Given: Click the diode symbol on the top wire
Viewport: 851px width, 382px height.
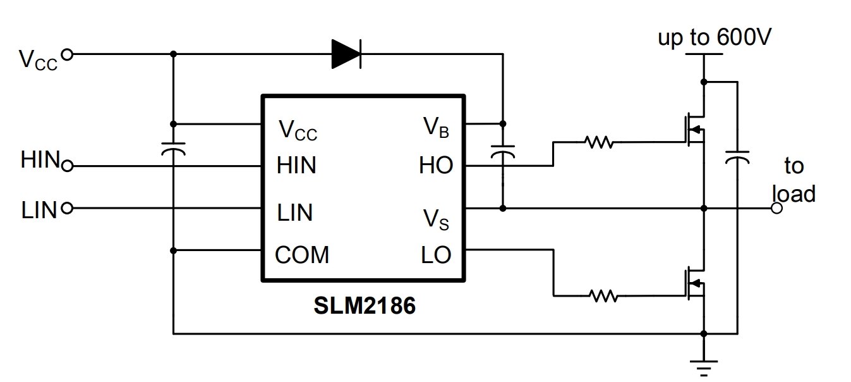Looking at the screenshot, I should coord(346,54).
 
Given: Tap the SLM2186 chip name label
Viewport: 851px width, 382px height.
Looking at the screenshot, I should coord(365,306).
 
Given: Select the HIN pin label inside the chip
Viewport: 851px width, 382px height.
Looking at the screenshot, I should coord(296,166).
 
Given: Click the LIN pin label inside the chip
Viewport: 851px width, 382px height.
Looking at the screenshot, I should coord(295,213).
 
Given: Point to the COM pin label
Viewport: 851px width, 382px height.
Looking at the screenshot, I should coord(302,256).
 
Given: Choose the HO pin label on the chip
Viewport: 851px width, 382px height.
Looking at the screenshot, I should coord(436,166).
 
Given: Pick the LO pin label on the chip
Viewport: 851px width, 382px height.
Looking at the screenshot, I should coord(437,256).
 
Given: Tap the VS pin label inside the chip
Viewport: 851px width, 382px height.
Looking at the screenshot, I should coord(437,219).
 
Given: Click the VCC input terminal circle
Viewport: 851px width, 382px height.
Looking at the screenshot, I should coord(67,54).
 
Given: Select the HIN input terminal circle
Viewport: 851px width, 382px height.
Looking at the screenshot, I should coord(68,166).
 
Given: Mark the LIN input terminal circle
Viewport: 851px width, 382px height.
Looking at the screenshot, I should coord(67,208).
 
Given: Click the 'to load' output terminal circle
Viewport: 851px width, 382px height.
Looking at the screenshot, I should coord(777,208).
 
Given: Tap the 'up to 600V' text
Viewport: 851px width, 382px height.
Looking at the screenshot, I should coord(715,38).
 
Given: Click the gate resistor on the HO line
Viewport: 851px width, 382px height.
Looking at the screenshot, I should coord(599,143).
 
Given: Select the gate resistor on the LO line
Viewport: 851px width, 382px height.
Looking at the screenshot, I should coord(603,295).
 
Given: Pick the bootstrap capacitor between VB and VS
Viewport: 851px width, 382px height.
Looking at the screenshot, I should coord(503,152).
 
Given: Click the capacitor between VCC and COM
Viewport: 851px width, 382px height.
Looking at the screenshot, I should coord(173,149).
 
